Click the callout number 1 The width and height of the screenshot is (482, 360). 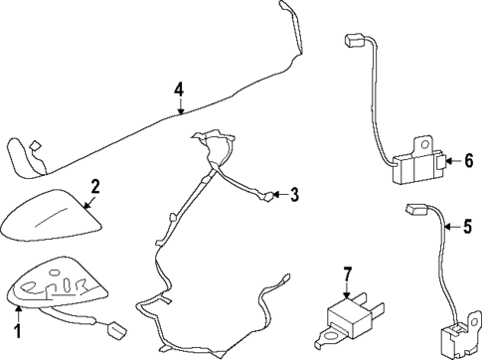[16, 326]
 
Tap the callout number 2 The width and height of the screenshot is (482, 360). [95, 186]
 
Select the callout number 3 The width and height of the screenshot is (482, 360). [293, 195]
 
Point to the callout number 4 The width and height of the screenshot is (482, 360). [179, 90]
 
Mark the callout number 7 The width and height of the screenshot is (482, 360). [347, 273]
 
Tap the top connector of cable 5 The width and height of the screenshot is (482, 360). [415, 210]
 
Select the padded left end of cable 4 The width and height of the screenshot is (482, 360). [22, 157]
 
